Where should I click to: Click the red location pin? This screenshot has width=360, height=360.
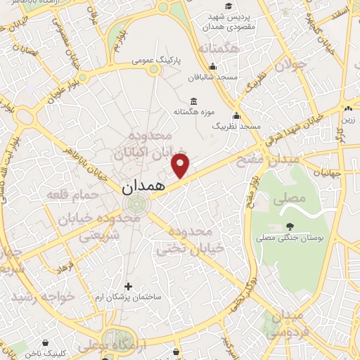pos(181,166)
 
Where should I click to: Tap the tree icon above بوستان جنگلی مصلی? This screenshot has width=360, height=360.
pos(290,226)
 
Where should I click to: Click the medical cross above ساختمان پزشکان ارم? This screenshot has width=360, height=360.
pos(127,286)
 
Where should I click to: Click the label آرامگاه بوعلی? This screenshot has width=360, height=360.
pos(96,346)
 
